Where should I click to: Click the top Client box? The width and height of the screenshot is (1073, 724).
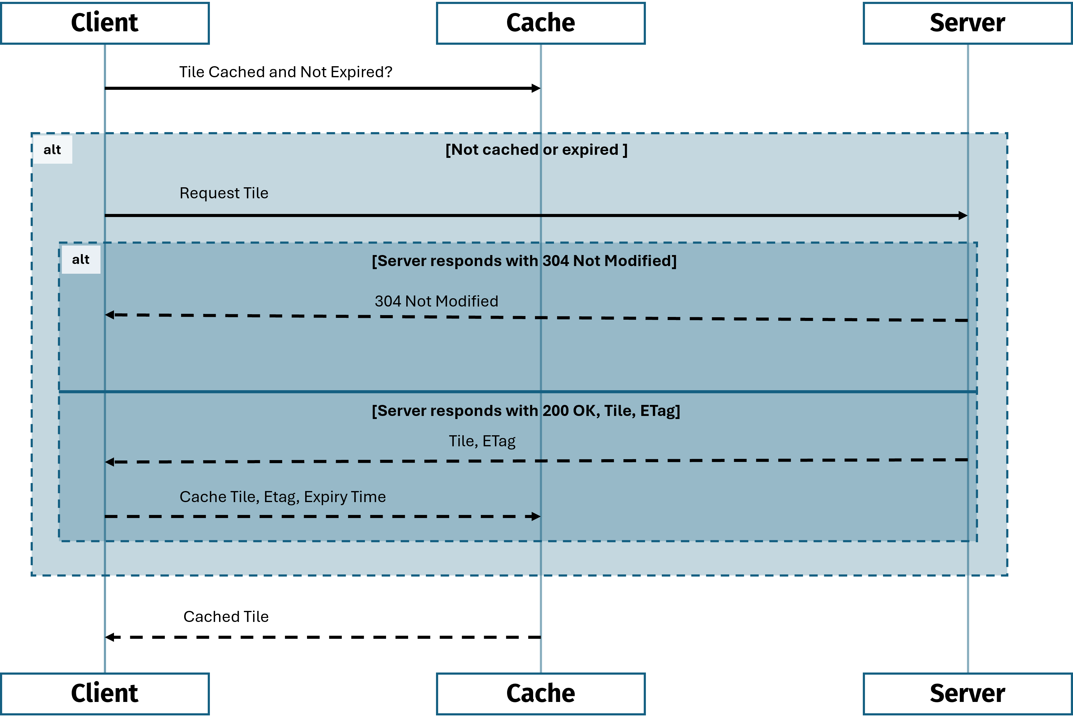(105, 23)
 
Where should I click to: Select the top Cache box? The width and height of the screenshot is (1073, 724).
(540, 23)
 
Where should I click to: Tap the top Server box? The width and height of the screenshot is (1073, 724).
(967, 23)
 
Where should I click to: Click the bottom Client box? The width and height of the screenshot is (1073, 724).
(105, 694)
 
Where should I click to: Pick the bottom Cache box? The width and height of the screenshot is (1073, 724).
(540, 694)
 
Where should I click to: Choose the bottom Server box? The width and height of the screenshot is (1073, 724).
(967, 694)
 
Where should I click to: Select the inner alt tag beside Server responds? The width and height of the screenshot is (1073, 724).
(81, 260)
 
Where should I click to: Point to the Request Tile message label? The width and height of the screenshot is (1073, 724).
(224, 193)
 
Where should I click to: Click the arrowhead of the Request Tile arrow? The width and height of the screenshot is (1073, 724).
(963, 215)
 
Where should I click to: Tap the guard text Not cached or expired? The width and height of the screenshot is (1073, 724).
(536, 150)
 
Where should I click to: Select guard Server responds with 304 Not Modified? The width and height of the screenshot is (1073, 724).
(524, 261)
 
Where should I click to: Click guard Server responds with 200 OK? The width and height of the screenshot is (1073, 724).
(526, 410)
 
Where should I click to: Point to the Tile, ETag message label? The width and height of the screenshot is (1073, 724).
(482, 441)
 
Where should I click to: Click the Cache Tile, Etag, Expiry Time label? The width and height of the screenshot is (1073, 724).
(282, 497)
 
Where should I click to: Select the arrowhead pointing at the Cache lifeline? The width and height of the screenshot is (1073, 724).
(536, 516)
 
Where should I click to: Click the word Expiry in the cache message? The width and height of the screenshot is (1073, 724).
(325, 497)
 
